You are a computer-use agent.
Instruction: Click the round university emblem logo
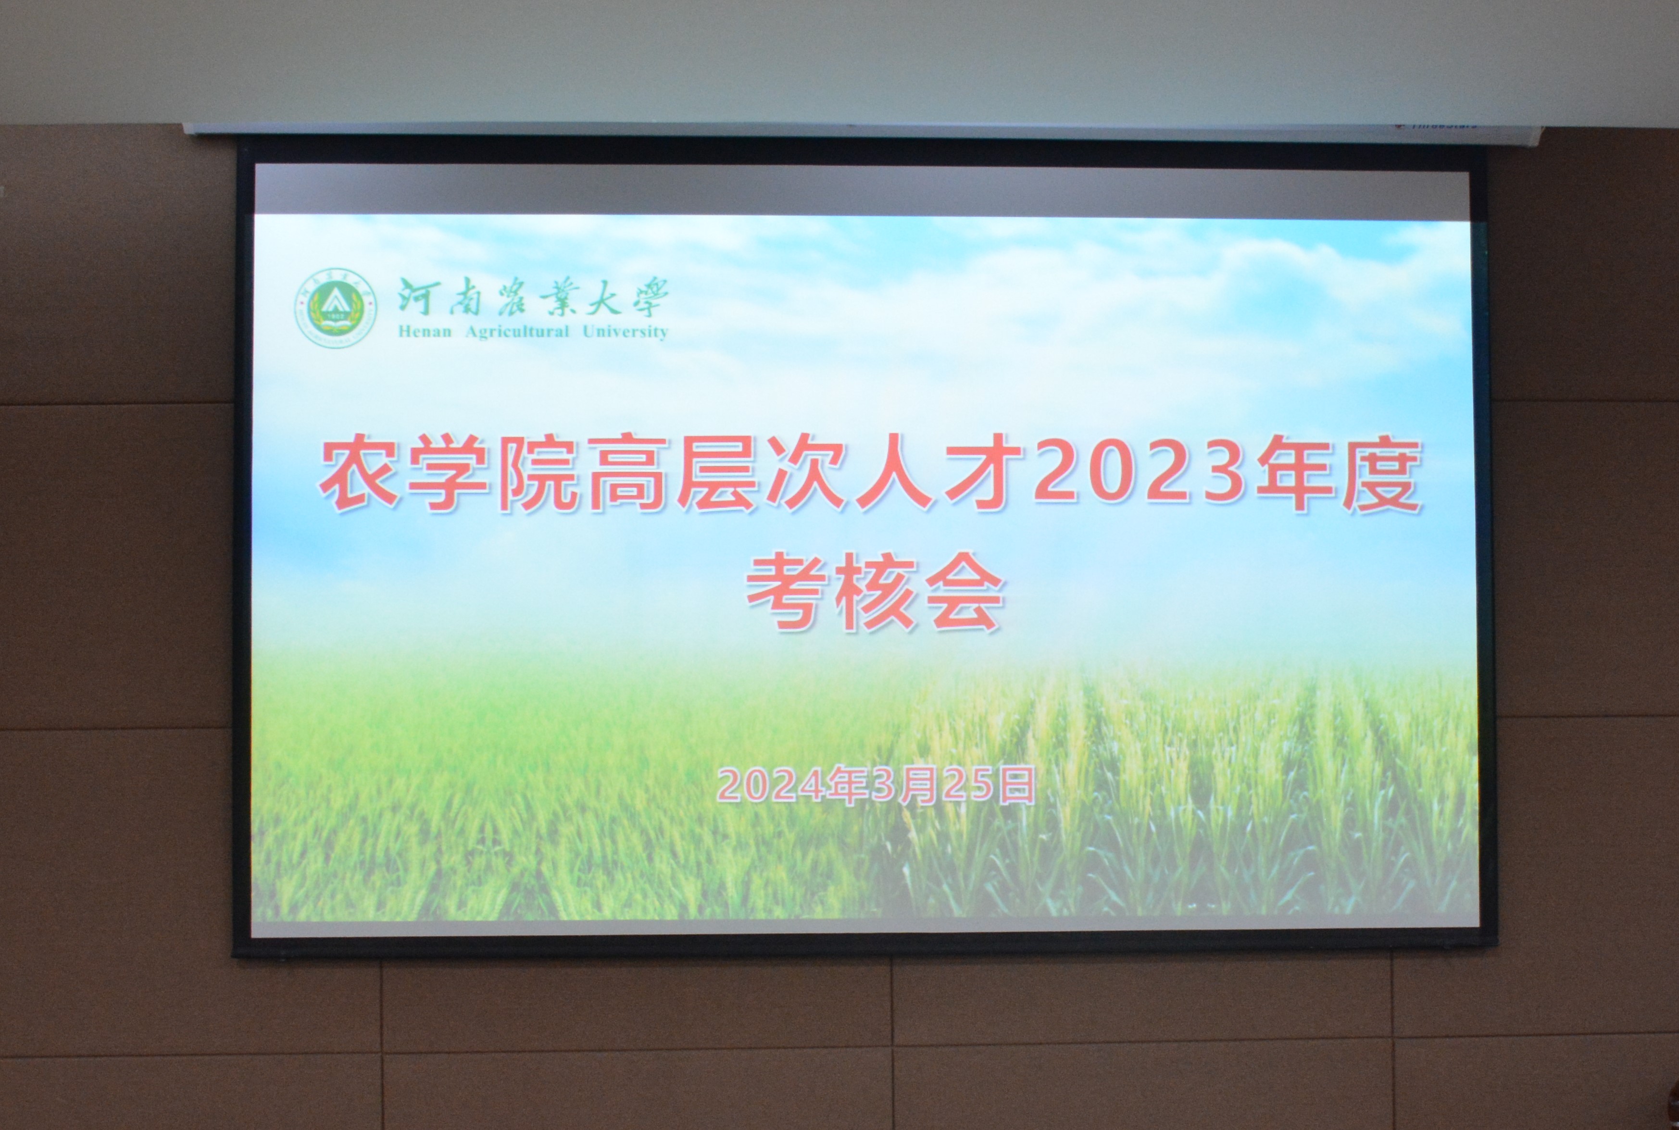point(336,309)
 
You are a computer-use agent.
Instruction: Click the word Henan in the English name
point(424,332)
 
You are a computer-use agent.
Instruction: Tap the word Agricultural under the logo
point(517,332)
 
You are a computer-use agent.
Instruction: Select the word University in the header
point(625,332)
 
